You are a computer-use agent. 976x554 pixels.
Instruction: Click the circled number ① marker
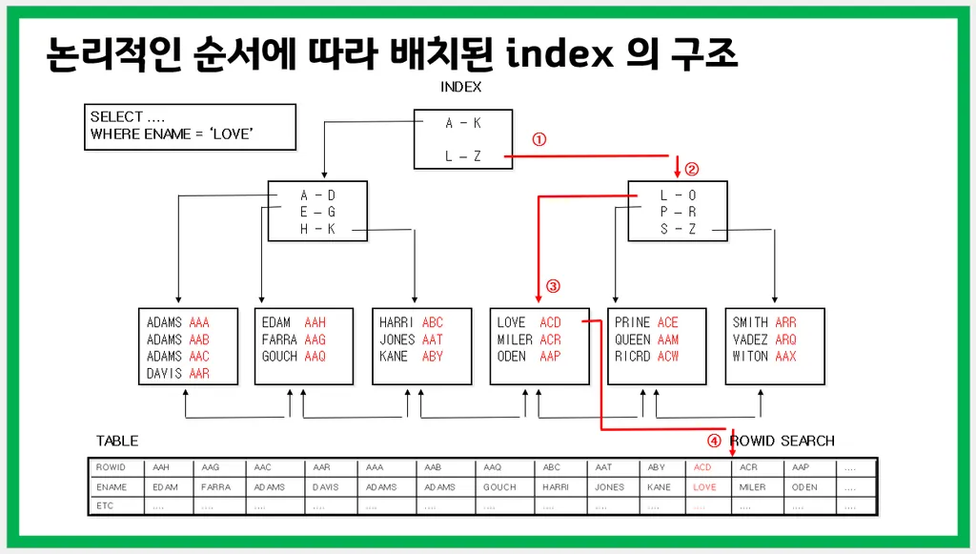pos(539,138)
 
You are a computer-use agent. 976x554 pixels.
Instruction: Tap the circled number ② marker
pos(692,171)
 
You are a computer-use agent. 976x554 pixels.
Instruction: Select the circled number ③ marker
pos(553,285)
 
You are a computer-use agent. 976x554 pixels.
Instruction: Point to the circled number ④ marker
pos(714,441)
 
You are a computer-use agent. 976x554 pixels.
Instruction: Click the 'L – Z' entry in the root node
pos(463,156)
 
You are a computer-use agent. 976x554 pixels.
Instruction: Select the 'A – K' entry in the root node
pos(463,123)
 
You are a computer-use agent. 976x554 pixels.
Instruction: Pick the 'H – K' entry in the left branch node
pos(317,229)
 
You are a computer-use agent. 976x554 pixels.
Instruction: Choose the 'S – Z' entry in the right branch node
pos(678,229)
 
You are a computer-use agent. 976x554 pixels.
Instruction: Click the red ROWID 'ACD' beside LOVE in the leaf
pos(550,322)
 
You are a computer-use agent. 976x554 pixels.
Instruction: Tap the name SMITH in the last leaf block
pos(750,322)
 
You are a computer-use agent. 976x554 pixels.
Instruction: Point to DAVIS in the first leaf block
pos(165,374)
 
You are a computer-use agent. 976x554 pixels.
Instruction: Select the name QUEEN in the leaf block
pos(633,339)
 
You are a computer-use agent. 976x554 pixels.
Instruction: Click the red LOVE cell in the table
pos(704,487)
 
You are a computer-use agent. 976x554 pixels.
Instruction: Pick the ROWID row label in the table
pos(112,468)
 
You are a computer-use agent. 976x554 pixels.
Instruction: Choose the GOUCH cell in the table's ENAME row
pos(499,487)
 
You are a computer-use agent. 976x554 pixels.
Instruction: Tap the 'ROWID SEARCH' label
pos(782,441)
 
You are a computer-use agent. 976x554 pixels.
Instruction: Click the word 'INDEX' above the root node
pos(461,87)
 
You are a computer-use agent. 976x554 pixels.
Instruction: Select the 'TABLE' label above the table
pos(117,441)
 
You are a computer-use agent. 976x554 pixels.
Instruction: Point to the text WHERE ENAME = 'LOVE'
pos(172,134)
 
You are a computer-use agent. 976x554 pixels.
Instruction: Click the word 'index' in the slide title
pos(559,55)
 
